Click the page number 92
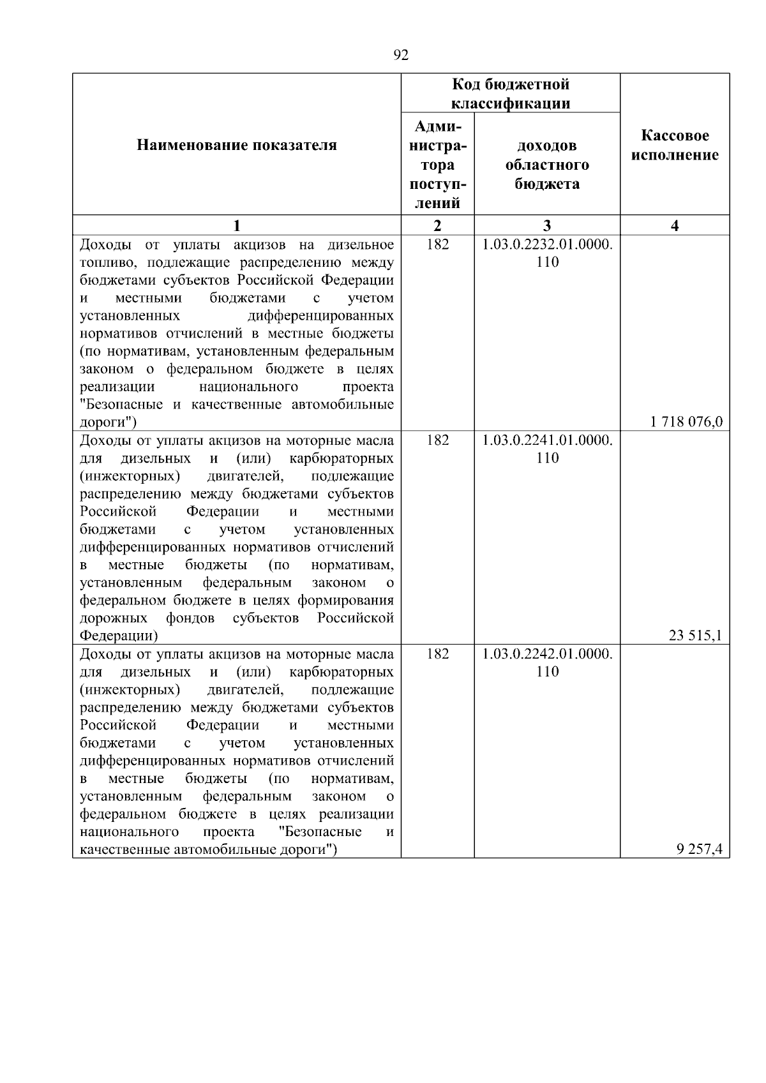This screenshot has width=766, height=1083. (x=401, y=56)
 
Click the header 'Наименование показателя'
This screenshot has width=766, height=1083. (x=237, y=146)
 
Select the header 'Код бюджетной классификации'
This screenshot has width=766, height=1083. (x=511, y=94)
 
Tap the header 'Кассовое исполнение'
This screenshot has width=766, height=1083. (x=675, y=146)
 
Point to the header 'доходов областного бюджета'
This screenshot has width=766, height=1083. (x=547, y=165)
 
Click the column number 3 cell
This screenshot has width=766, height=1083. (x=547, y=225)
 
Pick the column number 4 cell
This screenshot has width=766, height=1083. (x=675, y=225)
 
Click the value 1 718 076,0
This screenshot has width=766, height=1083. (x=686, y=422)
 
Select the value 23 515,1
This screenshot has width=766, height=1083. (x=695, y=635)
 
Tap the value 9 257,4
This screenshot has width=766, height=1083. (x=699, y=849)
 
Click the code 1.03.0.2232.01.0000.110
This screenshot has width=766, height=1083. (x=547, y=253)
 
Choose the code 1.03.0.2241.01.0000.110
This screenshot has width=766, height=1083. (x=547, y=449)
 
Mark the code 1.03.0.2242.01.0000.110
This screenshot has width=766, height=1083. (x=547, y=662)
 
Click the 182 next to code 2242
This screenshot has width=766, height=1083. (x=437, y=654)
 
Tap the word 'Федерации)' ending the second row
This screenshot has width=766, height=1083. (x=119, y=636)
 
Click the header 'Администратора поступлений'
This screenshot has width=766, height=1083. (x=437, y=165)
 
